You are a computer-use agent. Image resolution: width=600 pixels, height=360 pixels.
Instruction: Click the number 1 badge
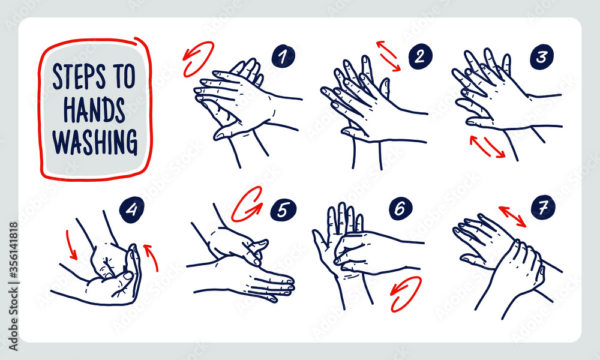click(283, 56)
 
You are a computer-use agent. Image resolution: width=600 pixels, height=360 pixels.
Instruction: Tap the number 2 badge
click(420, 56)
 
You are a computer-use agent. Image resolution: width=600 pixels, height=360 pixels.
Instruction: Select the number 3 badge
click(542, 58)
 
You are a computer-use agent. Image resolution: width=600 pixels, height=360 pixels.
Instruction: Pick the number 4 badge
click(131, 209)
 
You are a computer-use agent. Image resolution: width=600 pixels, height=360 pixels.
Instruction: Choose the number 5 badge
click(283, 210)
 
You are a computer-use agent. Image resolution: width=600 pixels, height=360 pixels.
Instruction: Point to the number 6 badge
click(401, 209)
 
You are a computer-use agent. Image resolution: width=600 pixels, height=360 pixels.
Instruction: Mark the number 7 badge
click(543, 207)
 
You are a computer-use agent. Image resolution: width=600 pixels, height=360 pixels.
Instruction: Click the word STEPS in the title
click(79, 76)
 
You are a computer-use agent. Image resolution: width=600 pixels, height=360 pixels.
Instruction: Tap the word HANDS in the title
click(94, 110)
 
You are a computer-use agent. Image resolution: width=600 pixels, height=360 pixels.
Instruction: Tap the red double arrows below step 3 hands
click(487, 146)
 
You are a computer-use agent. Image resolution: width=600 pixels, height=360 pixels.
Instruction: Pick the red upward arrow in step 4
click(152, 257)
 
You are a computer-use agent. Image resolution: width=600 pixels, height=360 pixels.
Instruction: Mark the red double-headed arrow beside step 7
click(512, 217)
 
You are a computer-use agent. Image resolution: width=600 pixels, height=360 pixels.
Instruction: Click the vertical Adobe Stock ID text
click(13, 286)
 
